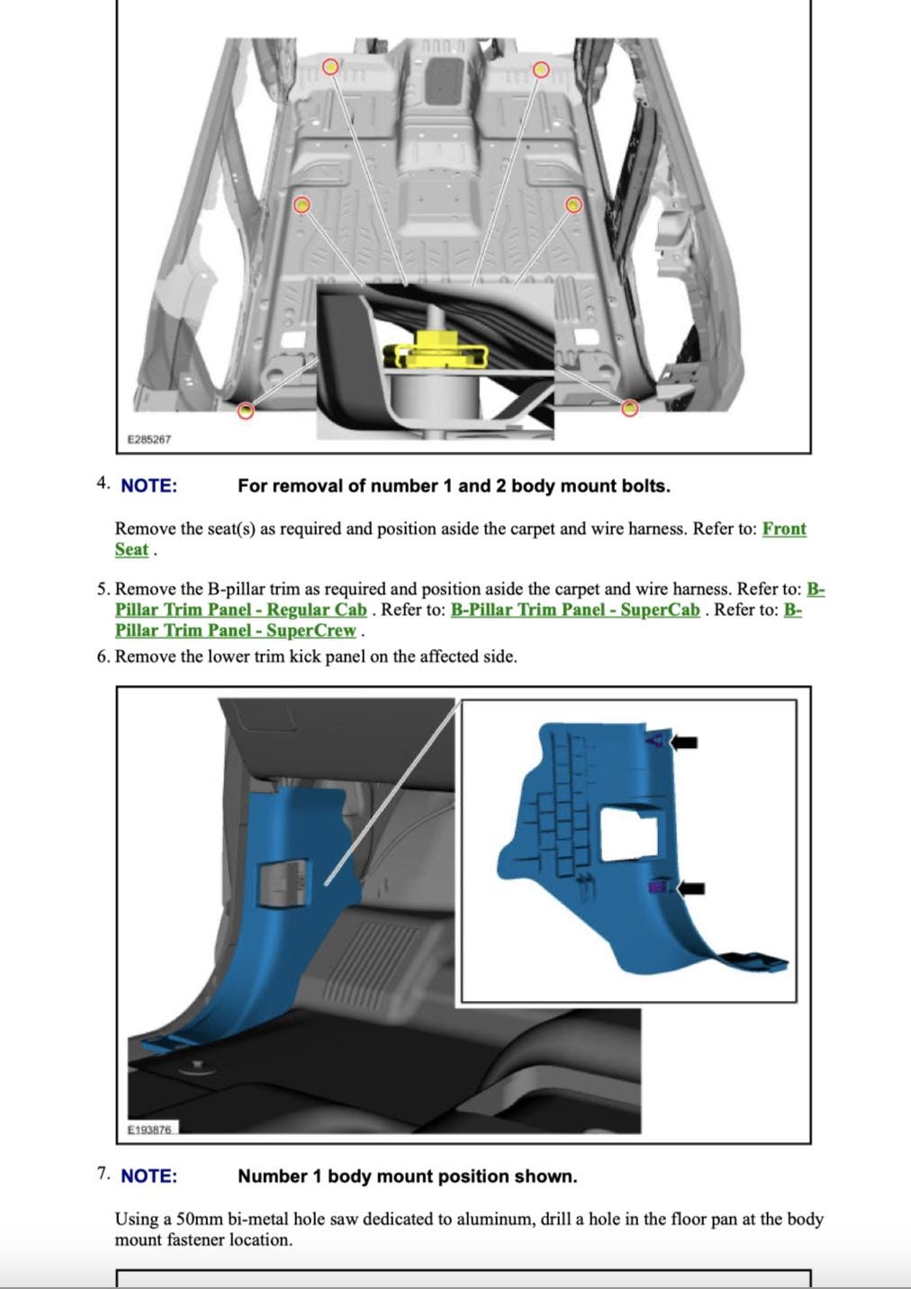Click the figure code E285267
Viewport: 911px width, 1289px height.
point(149,439)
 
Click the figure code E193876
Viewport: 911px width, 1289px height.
point(149,1129)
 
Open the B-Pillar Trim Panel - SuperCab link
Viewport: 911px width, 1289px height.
point(574,610)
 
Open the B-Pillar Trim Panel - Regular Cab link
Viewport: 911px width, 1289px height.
point(240,610)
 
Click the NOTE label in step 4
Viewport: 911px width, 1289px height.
point(149,486)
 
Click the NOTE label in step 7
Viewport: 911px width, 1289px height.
point(149,1176)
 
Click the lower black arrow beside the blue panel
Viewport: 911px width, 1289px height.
point(690,888)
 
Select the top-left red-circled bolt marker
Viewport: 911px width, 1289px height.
point(331,68)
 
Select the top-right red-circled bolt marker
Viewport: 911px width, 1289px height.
point(541,69)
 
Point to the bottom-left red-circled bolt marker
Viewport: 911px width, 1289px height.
point(245,410)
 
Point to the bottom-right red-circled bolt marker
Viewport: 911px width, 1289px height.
point(630,409)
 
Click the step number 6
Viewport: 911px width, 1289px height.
point(103,657)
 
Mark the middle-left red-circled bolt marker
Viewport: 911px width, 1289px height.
point(302,205)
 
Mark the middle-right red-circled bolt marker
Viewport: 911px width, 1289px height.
point(573,205)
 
